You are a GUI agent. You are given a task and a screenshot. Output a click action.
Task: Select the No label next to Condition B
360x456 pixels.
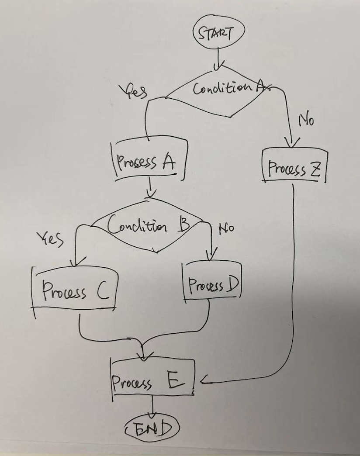pyautogui.click(x=226, y=228)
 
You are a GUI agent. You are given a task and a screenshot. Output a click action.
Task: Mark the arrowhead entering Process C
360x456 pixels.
pyautogui.click(x=75, y=262)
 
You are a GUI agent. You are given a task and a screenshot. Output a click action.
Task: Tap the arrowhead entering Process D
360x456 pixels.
pyautogui.click(x=211, y=257)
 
